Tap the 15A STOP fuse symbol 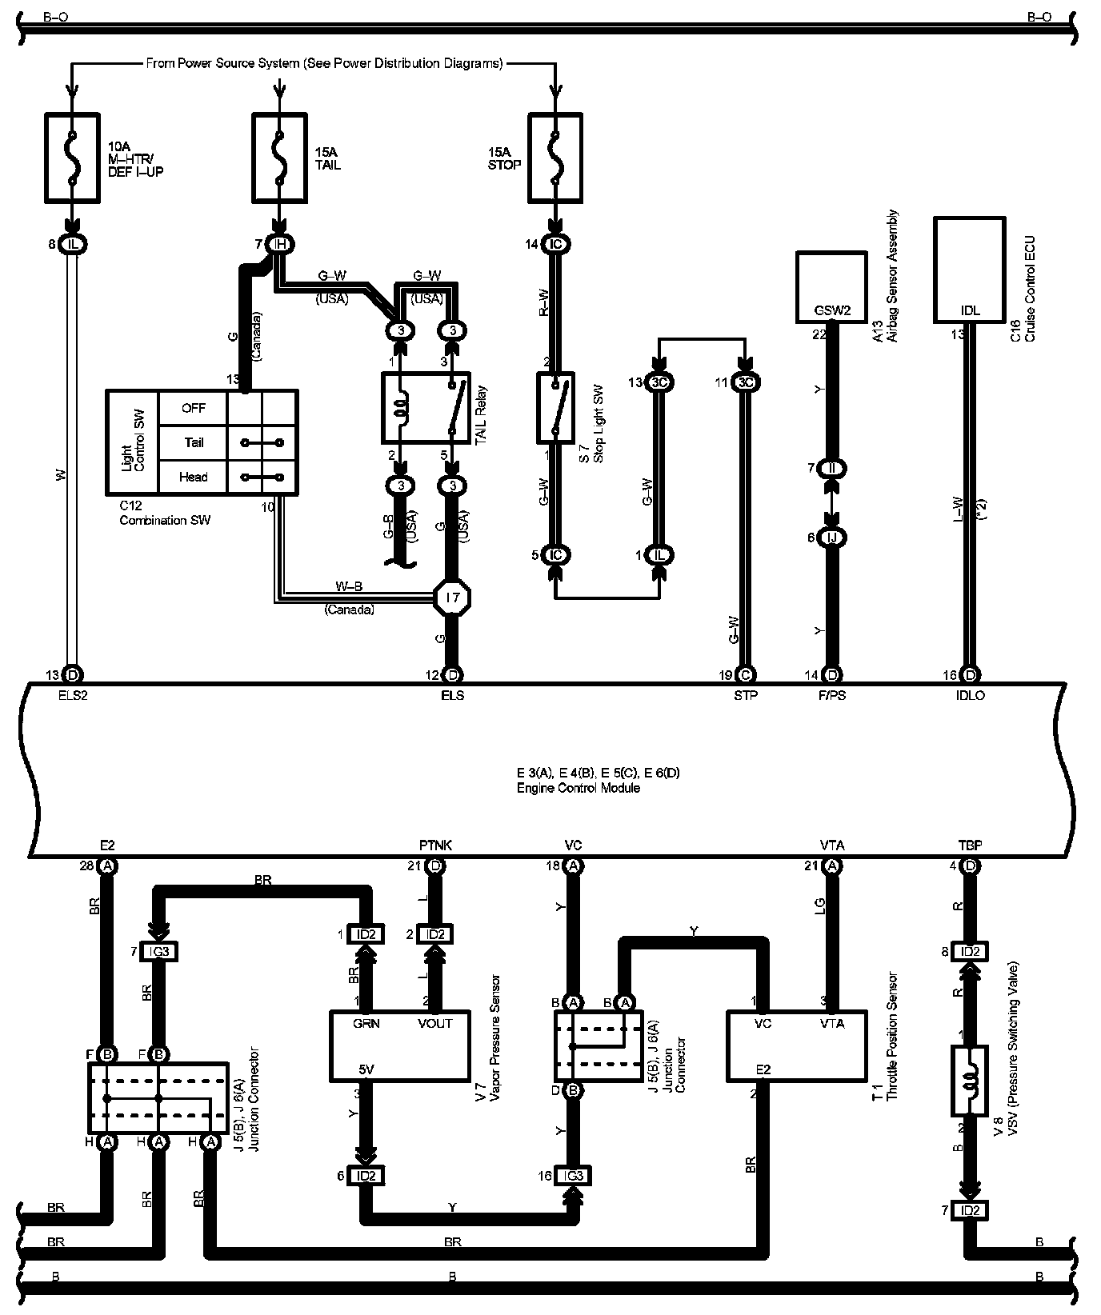click(x=555, y=157)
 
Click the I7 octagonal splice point click(x=452, y=597)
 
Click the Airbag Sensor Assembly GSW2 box click(x=831, y=286)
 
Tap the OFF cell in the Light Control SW click(x=193, y=408)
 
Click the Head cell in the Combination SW click(x=193, y=477)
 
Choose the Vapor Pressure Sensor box click(x=401, y=1045)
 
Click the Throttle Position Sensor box click(x=796, y=1045)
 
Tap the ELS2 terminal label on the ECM click(x=72, y=695)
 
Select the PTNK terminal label click(x=435, y=845)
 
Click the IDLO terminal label click(x=970, y=695)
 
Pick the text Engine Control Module click(x=578, y=787)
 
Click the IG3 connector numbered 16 click(x=573, y=1176)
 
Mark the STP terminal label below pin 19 click(x=745, y=695)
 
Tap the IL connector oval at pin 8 click(x=74, y=244)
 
